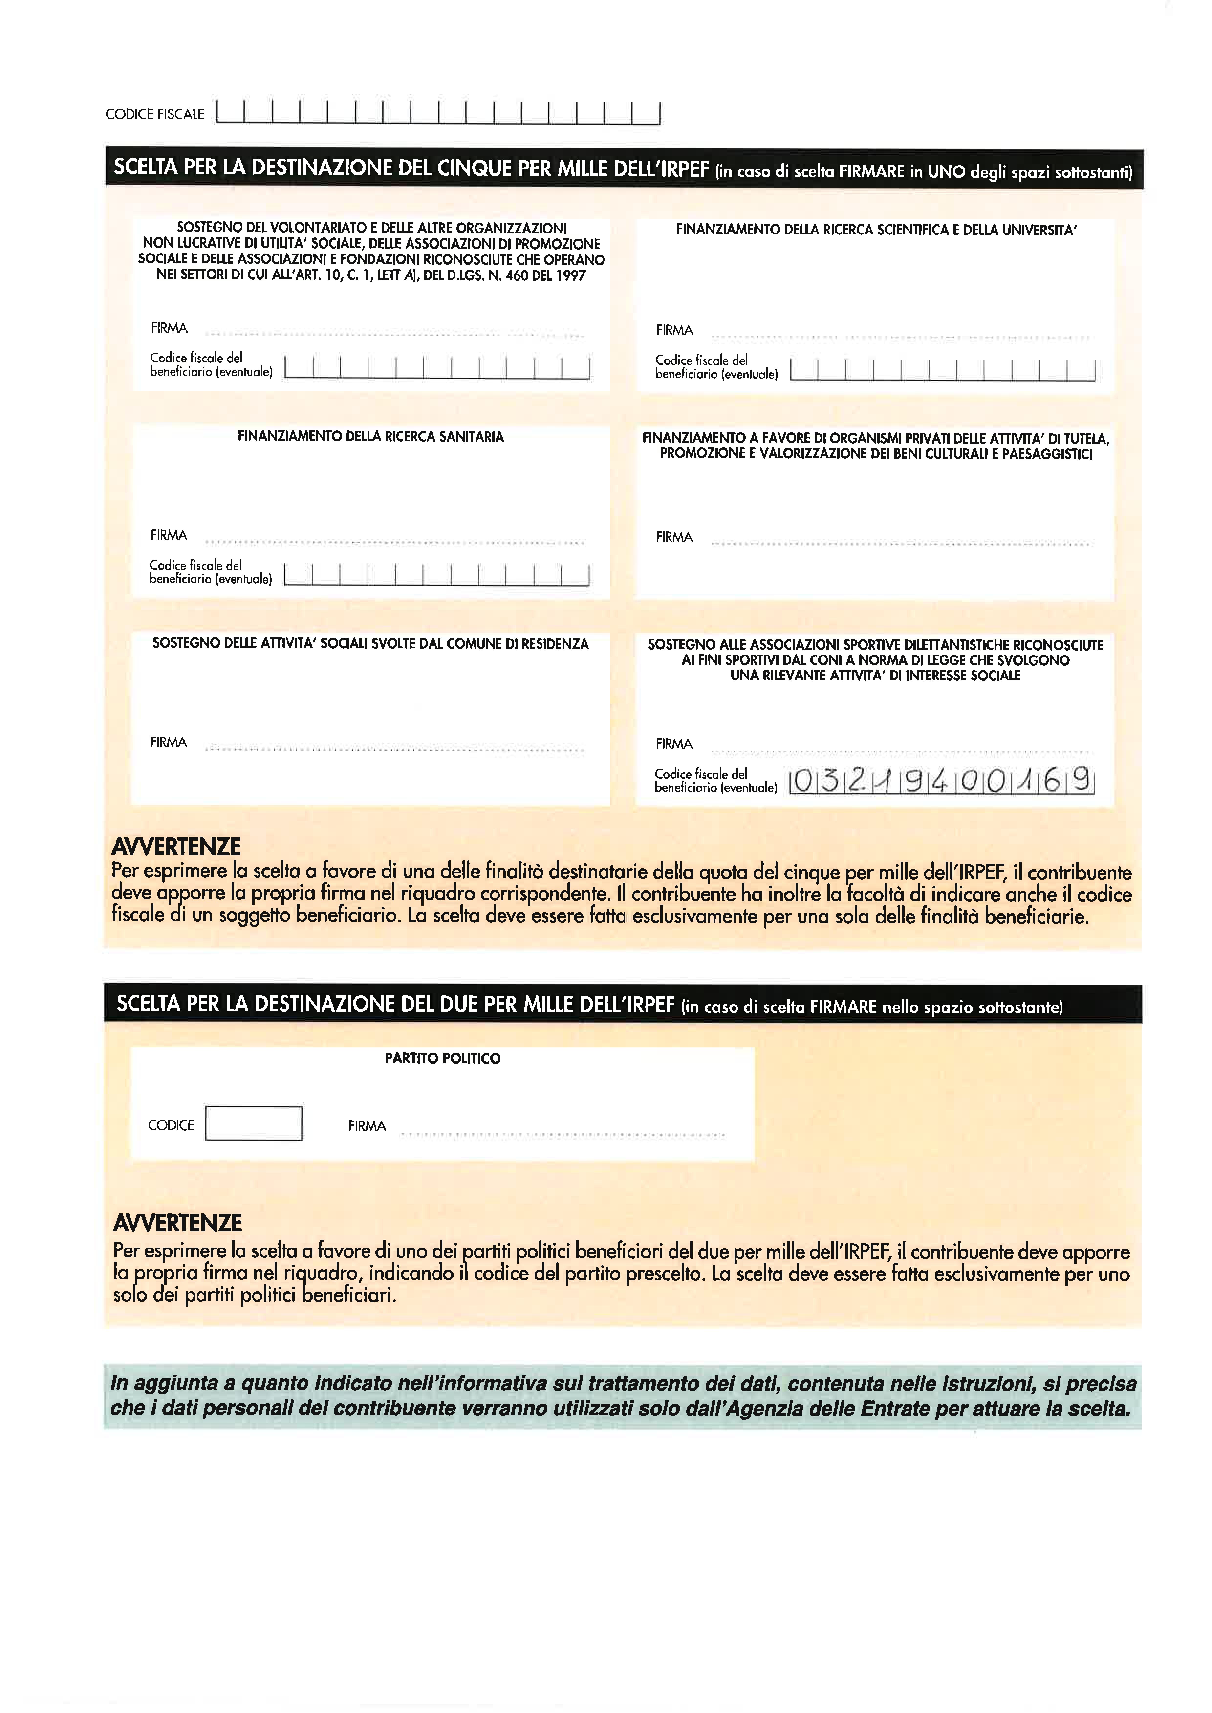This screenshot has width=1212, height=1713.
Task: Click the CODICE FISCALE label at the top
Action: point(154,114)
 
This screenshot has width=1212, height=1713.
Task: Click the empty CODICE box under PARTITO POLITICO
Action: point(254,1124)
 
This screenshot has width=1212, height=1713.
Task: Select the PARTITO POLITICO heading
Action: point(443,1058)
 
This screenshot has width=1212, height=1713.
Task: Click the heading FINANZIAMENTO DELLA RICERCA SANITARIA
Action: point(370,436)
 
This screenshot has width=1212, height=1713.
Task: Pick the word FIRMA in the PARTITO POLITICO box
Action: point(367,1126)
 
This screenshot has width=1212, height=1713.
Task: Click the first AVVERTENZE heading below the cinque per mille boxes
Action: point(176,847)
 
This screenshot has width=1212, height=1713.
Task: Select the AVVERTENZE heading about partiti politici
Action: point(178,1223)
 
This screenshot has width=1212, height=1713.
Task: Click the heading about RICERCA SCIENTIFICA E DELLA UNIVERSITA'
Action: point(876,230)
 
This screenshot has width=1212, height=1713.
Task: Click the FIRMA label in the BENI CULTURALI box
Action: point(674,537)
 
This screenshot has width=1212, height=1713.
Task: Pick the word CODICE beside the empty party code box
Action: point(171,1125)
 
